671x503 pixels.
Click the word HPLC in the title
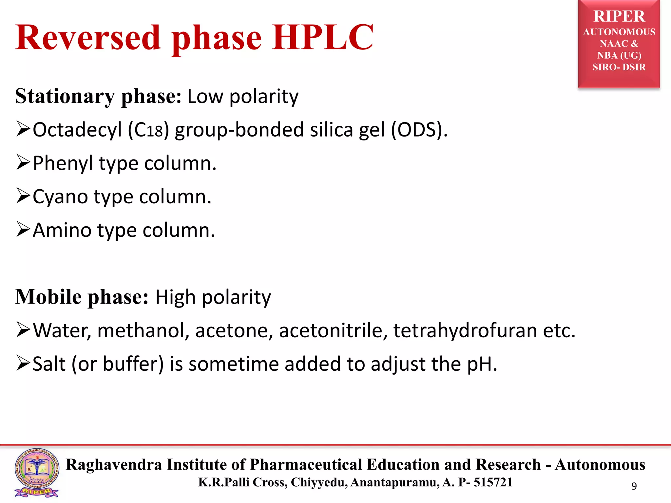tap(322, 38)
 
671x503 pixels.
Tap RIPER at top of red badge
tap(619, 16)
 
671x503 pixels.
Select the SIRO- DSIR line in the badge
tap(619, 67)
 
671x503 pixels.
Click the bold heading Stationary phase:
tap(98, 97)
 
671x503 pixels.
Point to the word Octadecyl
tap(77, 130)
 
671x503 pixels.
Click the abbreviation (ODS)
tap(419, 130)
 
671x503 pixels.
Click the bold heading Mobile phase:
tap(82, 297)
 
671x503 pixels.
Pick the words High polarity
tap(213, 297)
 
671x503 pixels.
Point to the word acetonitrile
tap(331, 331)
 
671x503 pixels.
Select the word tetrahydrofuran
tap(465, 331)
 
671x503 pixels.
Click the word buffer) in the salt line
tap(133, 364)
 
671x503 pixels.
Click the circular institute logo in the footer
tap(37, 469)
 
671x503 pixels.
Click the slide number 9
tap(634, 486)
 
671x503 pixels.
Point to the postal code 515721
tap(493, 482)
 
